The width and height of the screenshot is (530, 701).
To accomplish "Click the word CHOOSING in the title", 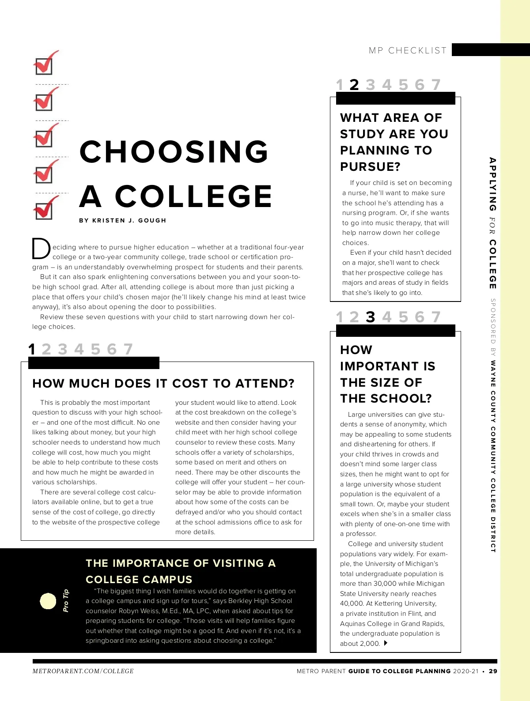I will [174, 151].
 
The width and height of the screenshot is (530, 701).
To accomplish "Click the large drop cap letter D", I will [41, 249].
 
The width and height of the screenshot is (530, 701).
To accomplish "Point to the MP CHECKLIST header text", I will [408, 51].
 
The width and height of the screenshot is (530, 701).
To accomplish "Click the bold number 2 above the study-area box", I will [354, 85].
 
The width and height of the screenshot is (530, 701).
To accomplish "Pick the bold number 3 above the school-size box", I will [371, 317].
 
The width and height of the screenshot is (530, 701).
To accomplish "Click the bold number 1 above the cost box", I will [32, 349].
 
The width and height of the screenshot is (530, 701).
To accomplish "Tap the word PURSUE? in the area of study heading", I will [370, 167].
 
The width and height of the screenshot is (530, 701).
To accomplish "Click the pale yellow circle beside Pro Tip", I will [48, 601].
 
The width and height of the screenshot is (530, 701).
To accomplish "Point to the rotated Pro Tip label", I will [66, 600].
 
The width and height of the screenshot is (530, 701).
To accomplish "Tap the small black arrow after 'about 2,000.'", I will [386, 643].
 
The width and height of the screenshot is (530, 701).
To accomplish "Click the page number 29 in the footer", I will [493, 671].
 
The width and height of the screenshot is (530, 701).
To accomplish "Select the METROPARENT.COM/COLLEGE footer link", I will [83, 671].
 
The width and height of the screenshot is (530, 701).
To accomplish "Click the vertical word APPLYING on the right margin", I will [493, 184].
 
